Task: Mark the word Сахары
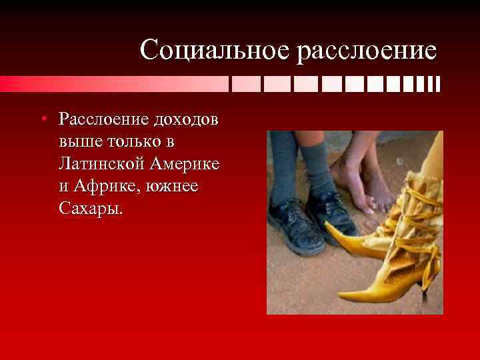click(90, 209)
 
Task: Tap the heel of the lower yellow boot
click(425, 284)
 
